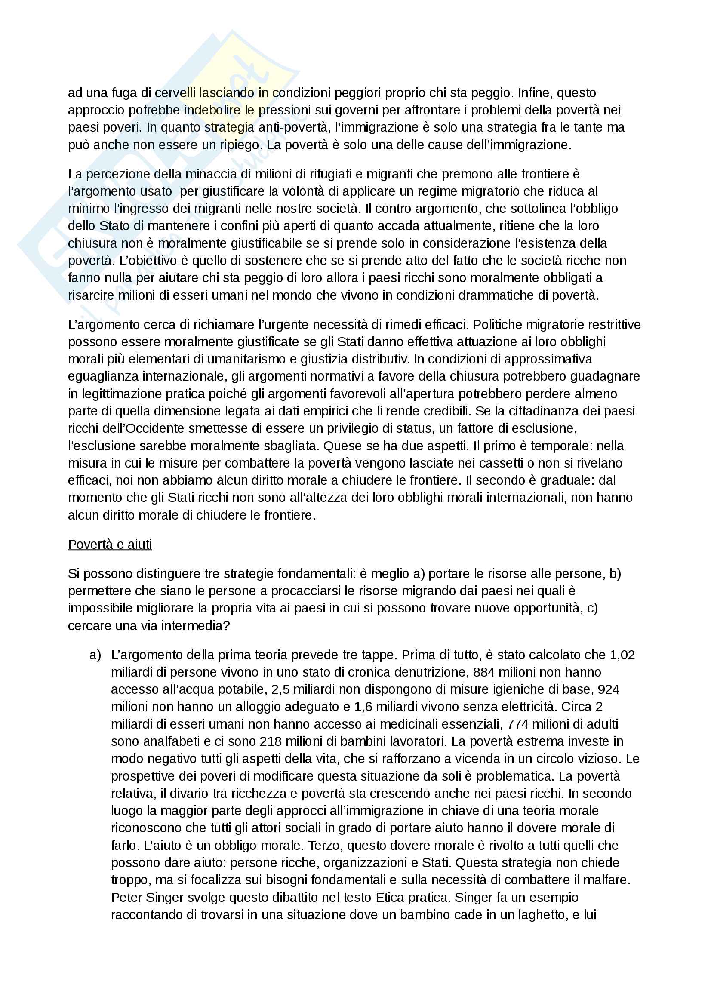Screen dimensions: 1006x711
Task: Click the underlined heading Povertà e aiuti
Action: coord(110,544)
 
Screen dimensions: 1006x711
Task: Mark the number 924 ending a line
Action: coord(609,689)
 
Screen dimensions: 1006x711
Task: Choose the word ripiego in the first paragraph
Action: coord(240,145)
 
